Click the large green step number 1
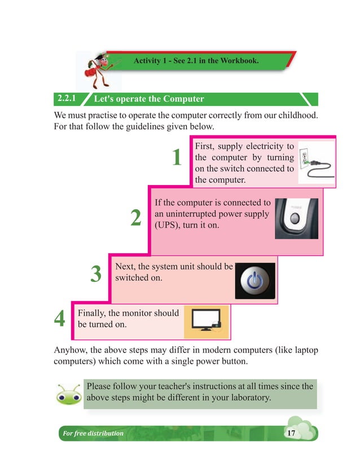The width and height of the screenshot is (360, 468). (177, 158)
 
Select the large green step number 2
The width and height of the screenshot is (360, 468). (136, 218)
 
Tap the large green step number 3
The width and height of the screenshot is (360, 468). (96, 275)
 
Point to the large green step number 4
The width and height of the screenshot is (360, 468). (59, 319)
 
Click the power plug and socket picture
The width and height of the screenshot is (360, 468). (316, 162)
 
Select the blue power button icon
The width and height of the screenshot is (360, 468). (255, 281)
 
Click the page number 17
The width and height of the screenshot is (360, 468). (291, 433)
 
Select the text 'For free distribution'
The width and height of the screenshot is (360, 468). (93, 434)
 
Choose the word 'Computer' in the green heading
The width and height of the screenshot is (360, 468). (183, 99)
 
